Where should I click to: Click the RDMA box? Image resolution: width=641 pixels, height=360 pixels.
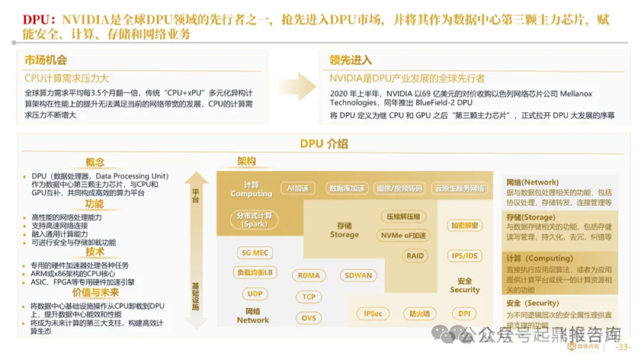coord(309,275)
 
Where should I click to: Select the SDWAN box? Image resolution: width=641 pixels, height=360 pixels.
coord(358,275)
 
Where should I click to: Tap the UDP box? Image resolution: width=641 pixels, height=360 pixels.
coord(255,294)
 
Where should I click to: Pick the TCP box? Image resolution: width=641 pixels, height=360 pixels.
coord(309,297)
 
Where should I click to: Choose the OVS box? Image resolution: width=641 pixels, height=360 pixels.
coord(309,318)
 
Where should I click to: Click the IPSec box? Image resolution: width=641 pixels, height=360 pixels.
coord(373,314)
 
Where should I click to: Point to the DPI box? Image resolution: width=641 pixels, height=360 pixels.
coord(464,314)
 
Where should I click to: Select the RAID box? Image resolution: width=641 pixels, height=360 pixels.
coord(415,256)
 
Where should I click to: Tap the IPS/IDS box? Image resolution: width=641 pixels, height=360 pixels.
coord(465,256)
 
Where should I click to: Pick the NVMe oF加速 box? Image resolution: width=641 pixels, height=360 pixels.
coord(402,235)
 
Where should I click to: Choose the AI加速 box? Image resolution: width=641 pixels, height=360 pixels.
coord(297,189)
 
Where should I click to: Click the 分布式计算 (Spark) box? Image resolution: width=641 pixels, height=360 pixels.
coord(254,219)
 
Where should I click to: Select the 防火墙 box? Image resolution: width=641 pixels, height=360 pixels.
coord(419,314)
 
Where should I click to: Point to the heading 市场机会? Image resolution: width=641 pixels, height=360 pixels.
coord(46,60)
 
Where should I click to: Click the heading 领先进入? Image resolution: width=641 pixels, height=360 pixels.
coord(351,60)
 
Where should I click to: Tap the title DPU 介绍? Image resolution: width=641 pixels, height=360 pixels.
coord(323,144)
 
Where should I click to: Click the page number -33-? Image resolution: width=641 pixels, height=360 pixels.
coord(624,347)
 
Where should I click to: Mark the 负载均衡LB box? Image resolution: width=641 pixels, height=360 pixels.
coord(255,273)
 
